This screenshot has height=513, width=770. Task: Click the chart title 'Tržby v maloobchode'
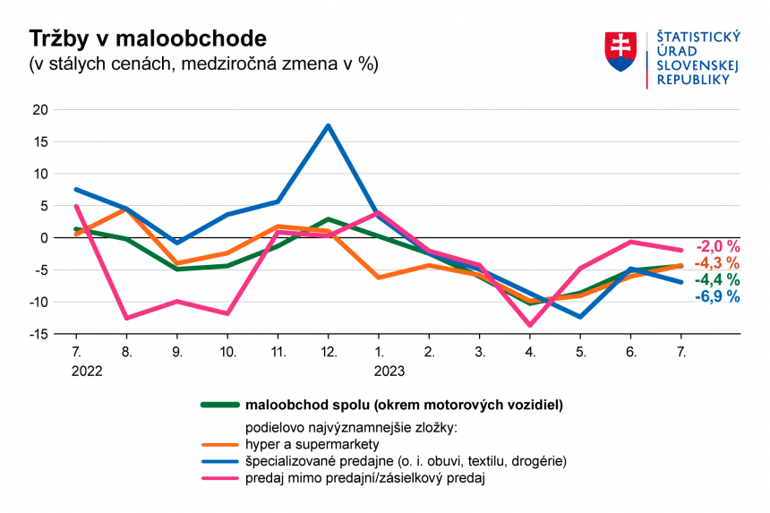[x=148, y=38]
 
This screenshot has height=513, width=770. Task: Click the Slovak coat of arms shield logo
[x=620, y=53]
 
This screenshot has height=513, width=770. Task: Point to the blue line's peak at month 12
[x=329, y=125]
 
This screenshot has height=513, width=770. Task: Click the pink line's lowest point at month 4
[x=531, y=325]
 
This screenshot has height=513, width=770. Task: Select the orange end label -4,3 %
[x=718, y=263]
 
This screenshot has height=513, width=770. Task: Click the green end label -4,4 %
[x=718, y=280]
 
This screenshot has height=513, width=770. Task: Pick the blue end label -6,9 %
[x=718, y=296]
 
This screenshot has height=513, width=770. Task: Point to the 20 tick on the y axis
[x=38, y=109]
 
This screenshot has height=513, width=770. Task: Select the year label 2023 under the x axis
[x=389, y=371]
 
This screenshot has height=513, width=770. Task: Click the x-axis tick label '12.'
[x=329, y=352]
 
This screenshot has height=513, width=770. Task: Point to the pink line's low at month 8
[x=126, y=318]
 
